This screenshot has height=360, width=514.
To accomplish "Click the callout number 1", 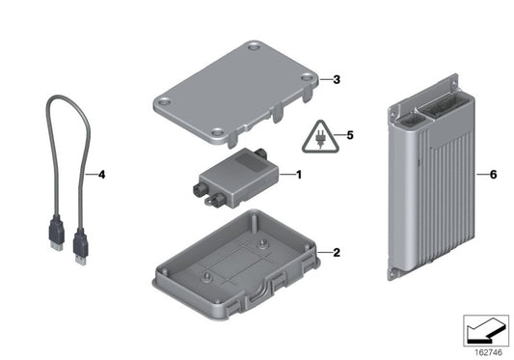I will [299, 176].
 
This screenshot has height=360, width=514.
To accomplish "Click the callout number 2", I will [337, 253].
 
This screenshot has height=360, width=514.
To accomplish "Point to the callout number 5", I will [351, 136].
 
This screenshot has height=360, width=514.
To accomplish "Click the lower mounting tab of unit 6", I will [393, 273].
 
